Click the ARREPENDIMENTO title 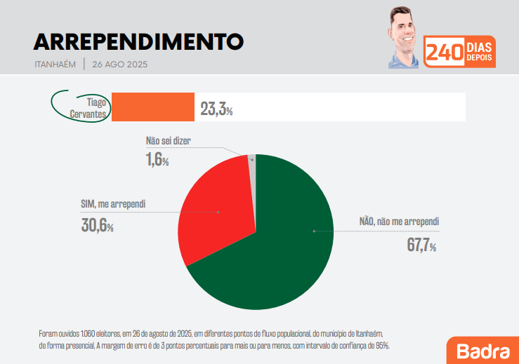[x=138, y=41]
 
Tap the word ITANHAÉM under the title [x=55, y=65]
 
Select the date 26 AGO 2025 [x=119, y=65]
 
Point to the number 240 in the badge [x=444, y=53]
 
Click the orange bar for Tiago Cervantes [x=153, y=107]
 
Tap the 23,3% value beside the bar [x=216, y=109]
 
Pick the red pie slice [x=214, y=210]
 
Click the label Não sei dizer [x=168, y=140]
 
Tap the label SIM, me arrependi [x=113, y=205]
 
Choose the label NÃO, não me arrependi [x=399, y=222]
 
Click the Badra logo [x=482, y=350]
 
